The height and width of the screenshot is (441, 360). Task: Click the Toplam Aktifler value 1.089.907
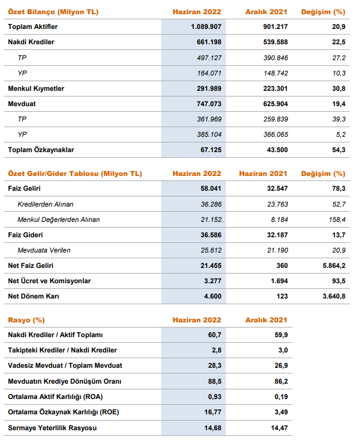pyautogui.click(x=206, y=27)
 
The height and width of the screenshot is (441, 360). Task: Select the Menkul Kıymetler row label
pyautogui.click(x=36, y=89)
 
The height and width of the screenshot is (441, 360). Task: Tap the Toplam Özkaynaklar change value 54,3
pyautogui.click(x=338, y=150)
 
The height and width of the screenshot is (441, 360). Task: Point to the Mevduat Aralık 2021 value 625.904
pyautogui.click(x=275, y=104)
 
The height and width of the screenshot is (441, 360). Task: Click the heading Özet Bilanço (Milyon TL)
pyautogui.click(x=53, y=12)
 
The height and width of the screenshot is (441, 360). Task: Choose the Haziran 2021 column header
pyautogui.click(x=263, y=174)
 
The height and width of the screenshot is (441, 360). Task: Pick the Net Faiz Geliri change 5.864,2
pyautogui.click(x=334, y=266)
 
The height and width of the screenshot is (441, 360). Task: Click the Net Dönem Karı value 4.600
pyautogui.click(x=212, y=296)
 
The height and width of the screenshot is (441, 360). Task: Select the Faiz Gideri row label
pyautogui.click(x=26, y=235)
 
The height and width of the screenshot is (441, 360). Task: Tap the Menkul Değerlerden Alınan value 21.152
pyautogui.click(x=211, y=220)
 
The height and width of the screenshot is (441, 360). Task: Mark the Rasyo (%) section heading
pyautogui.click(x=26, y=320)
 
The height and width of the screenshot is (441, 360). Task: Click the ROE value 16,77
pyautogui.click(x=212, y=412)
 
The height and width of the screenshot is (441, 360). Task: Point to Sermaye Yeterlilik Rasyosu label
pyautogui.click(x=52, y=428)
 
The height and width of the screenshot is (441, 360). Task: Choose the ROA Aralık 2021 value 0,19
pyautogui.click(x=281, y=397)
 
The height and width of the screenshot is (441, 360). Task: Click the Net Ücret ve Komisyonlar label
pyautogui.click(x=49, y=281)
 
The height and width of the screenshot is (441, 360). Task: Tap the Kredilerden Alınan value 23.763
pyautogui.click(x=277, y=204)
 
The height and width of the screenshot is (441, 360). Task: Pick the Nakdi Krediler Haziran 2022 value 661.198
pyautogui.click(x=209, y=42)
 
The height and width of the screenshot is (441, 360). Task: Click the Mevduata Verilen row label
pyautogui.click(x=44, y=250)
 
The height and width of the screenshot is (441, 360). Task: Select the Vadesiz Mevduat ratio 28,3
pyautogui.click(x=215, y=366)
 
